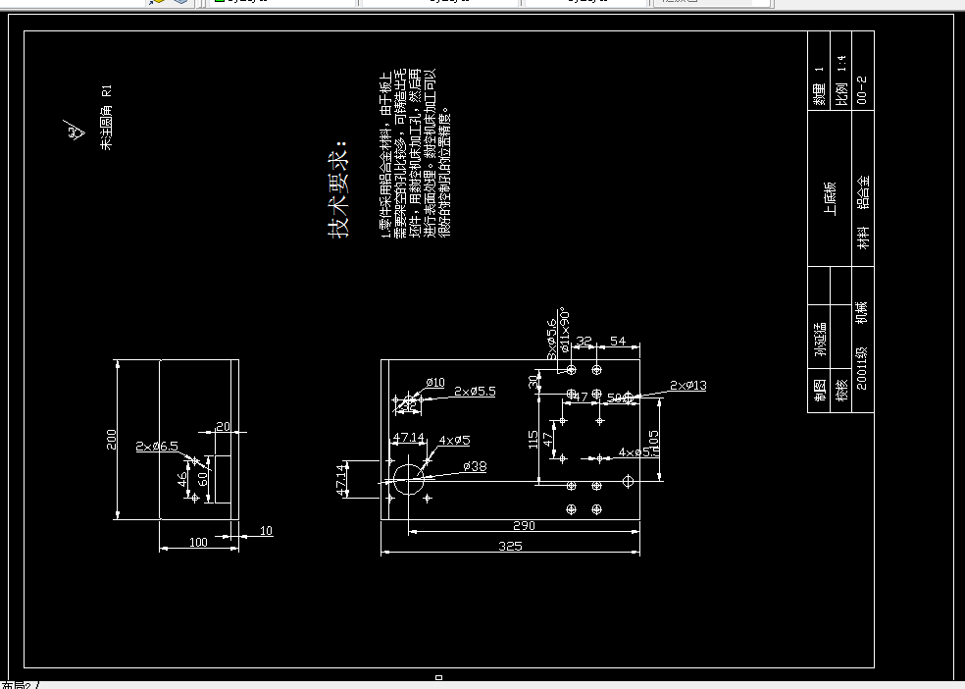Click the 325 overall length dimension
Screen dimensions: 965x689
pyautogui.click(x=510, y=546)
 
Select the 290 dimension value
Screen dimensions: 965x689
pyautogui.click(x=524, y=525)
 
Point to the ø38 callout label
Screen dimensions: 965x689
pyautogui.click(x=474, y=465)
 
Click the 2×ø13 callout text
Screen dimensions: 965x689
pyautogui.click(x=687, y=386)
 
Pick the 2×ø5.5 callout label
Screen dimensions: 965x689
pyautogui.click(x=475, y=391)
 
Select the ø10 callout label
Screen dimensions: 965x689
pyautogui.click(x=435, y=382)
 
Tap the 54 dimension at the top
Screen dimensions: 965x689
pyautogui.click(x=618, y=341)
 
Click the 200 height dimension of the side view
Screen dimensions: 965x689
pyautogui.click(x=112, y=439)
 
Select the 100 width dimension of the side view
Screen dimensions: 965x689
pyautogui.click(x=198, y=542)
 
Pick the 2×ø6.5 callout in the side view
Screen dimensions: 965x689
pyautogui.click(x=157, y=447)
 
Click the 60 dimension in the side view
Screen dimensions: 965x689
pyautogui.click(x=203, y=479)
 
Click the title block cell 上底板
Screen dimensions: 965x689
pyautogui.click(x=830, y=197)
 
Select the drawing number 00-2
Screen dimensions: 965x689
pyautogui.click(x=862, y=89)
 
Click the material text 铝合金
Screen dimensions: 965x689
pyautogui.click(x=863, y=193)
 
